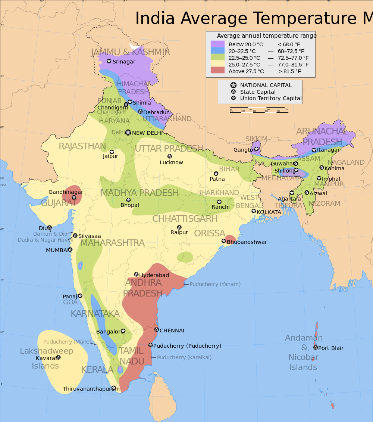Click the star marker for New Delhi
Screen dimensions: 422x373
[x=128, y=133]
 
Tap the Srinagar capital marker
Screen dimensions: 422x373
[x=109, y=61]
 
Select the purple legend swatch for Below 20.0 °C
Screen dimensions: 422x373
[x=217, y=44]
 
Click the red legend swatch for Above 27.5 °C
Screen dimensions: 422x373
[x=217, y=71]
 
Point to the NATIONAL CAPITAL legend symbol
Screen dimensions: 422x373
[x=233, y=85]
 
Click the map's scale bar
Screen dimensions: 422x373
[x=259, y=111]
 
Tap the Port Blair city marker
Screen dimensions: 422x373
[x=316, y=348]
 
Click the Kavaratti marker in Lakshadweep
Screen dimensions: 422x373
[x=58, y=357]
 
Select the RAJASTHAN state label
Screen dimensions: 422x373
[x=82, y=146]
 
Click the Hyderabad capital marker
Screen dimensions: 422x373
[x=136, y=274]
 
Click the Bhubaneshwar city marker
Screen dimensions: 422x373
[x=224, y=241]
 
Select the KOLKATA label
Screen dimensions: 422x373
[x=269, y=212]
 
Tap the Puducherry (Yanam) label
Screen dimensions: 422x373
[x=215, y=284]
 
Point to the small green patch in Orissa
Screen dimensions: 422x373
[x=185, y=257]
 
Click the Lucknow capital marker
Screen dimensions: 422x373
[x=170, y=156]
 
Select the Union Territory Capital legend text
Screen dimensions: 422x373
[x=271, y=98]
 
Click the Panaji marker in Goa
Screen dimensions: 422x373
[x=80, y=296]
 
